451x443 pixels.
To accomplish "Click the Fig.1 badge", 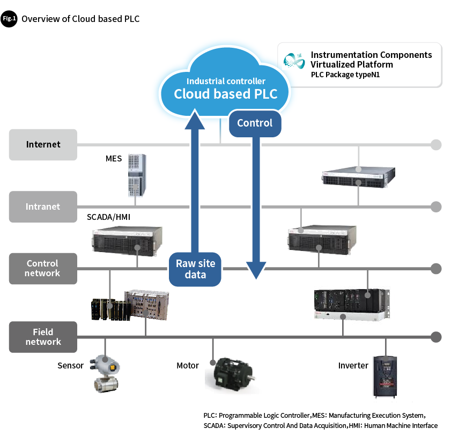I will click(x=9, y=19).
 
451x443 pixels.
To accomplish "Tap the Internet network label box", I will click(x=43, y=145).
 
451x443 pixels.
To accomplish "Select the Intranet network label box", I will click(x=43, y=206).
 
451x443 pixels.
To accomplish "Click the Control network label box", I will click(x=43, y=268).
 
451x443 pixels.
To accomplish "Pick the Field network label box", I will click(x=43, y=337).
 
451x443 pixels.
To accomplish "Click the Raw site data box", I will click(x=195, y=269).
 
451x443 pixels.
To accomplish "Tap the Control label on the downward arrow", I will click(x=255, y=123).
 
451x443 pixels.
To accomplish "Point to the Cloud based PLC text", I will click(x=226, y=94).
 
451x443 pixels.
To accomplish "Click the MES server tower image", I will click(x=137, y=175).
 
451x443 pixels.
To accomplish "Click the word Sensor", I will click(x=70, y=366).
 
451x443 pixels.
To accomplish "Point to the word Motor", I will click(x=188, y=366).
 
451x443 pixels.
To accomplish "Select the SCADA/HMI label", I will click(x=108, y=217).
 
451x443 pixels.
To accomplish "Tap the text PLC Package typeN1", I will click(x=345, y=75).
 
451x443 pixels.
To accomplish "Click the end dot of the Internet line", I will click(x=436, y=145).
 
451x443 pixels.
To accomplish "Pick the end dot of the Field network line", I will click(x=436, y=337).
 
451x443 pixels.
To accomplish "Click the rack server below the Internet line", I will click(x=359, y=175).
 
